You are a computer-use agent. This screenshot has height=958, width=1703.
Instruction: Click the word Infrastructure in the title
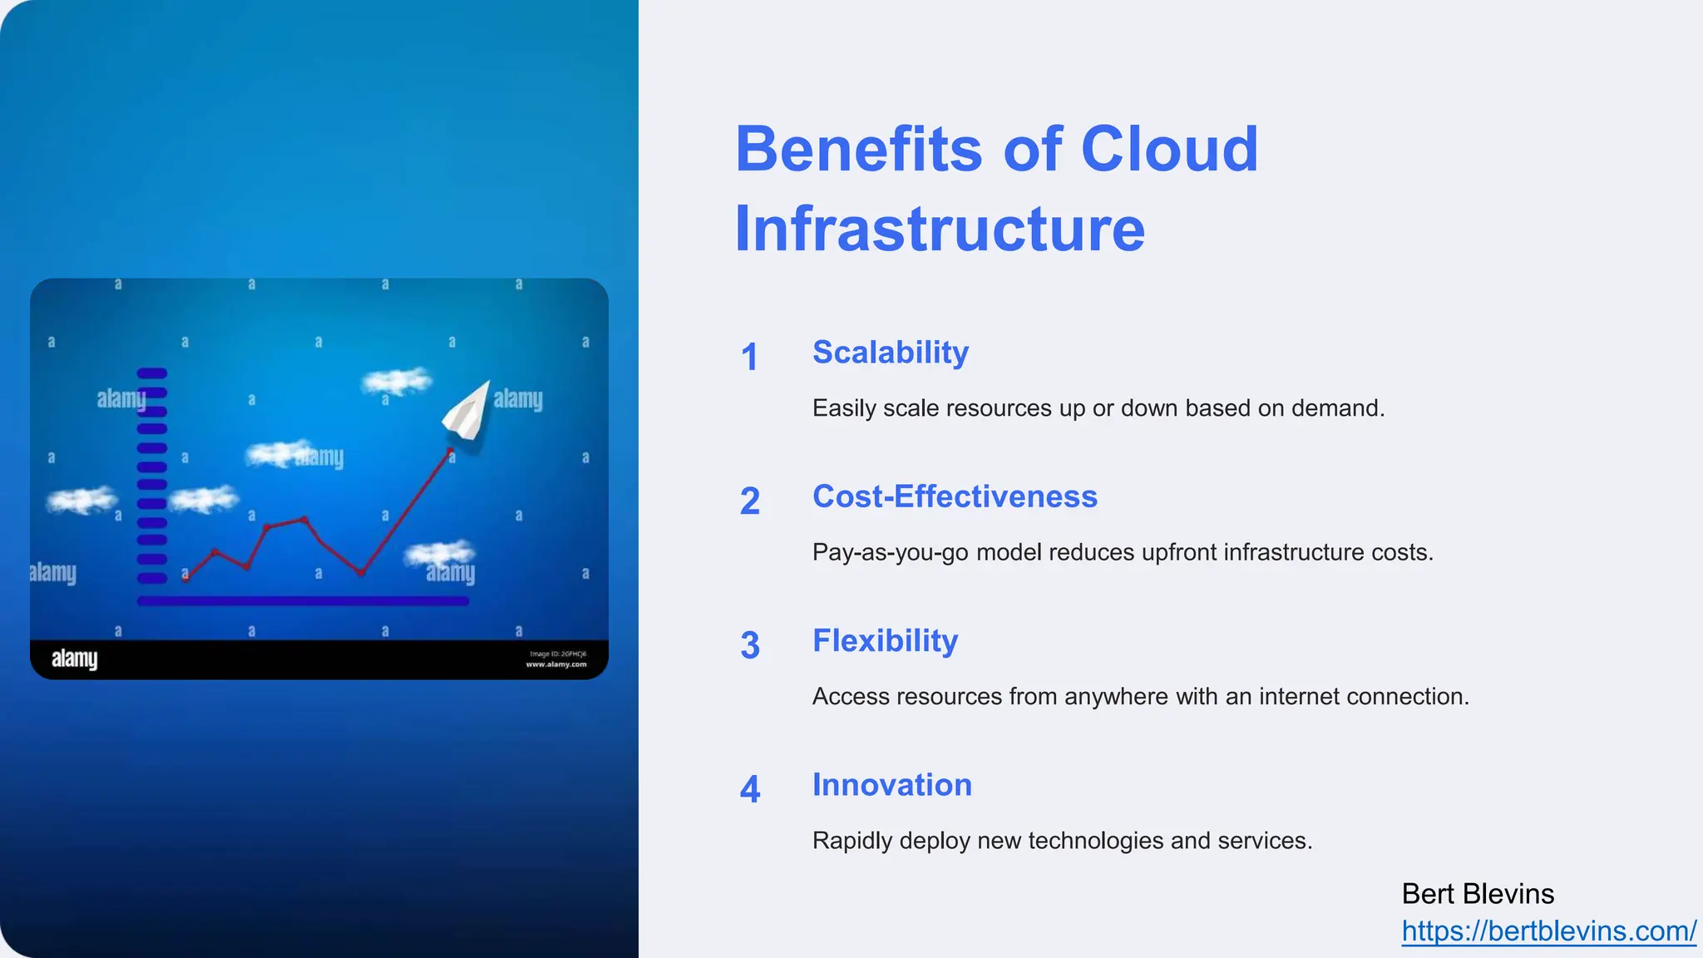[940, 229]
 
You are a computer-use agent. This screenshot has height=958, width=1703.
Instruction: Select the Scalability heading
[891, 353]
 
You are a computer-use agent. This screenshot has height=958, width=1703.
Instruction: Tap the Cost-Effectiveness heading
[955, 496]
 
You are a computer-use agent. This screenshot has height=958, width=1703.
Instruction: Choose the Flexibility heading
[885, 641]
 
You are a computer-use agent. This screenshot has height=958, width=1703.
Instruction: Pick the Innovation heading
[891, 785]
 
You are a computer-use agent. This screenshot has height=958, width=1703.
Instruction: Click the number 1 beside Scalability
[749, 358]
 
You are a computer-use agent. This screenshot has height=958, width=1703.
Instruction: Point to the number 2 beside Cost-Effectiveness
[749, 501]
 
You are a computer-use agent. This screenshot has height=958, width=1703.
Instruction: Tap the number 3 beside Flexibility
[749, 645]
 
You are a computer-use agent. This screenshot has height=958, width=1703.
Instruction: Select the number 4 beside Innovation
[749, 789]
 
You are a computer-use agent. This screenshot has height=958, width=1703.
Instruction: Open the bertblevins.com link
[1548, 931]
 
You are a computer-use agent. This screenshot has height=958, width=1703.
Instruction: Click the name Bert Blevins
[1478, 894]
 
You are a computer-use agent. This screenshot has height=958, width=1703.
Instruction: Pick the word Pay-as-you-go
[890, 552]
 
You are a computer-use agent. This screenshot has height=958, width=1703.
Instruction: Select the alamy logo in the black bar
[75, 659]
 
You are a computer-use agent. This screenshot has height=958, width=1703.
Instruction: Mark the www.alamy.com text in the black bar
[556, 664]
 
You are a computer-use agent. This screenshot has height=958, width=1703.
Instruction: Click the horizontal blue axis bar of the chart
[303, 600]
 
